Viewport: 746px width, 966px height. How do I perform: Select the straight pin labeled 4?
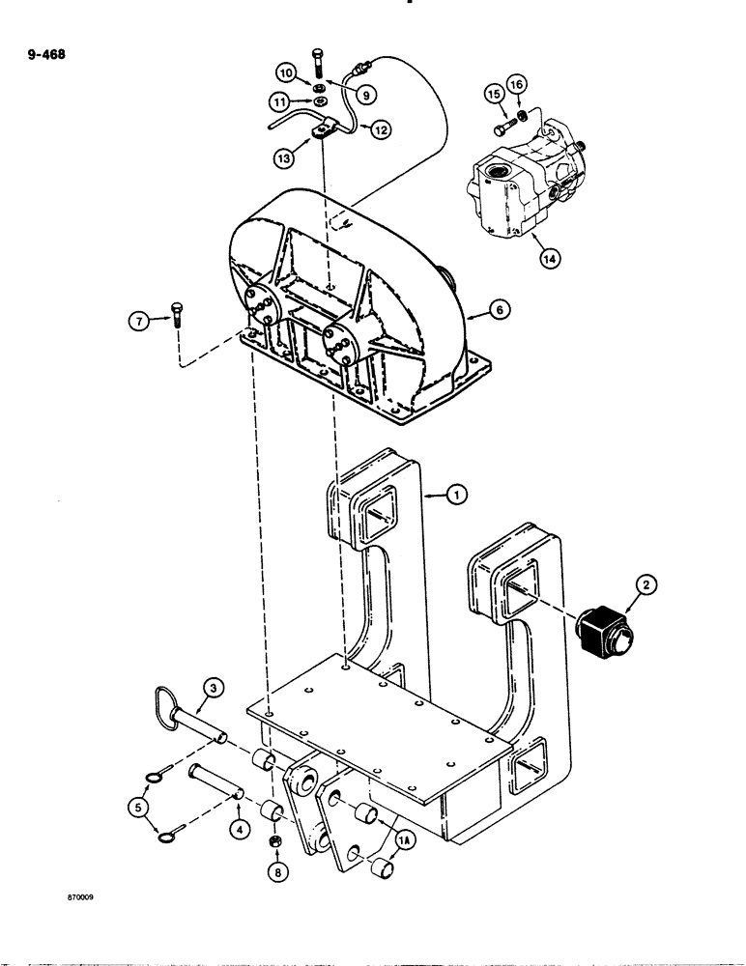pyautogui.click(x=216, y=775)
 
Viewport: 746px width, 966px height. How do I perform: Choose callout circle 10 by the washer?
pyautogui.click(x=287, y=73)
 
